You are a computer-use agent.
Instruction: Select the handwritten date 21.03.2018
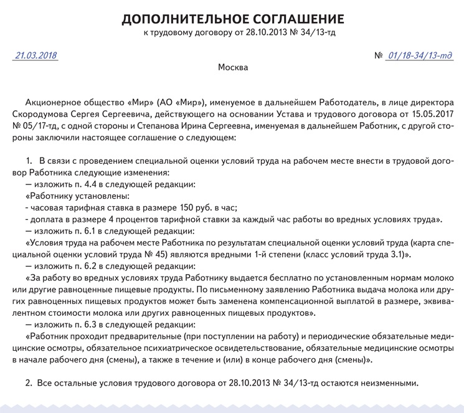[36, 55]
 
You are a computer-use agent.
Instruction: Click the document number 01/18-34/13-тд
[419, 55]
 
